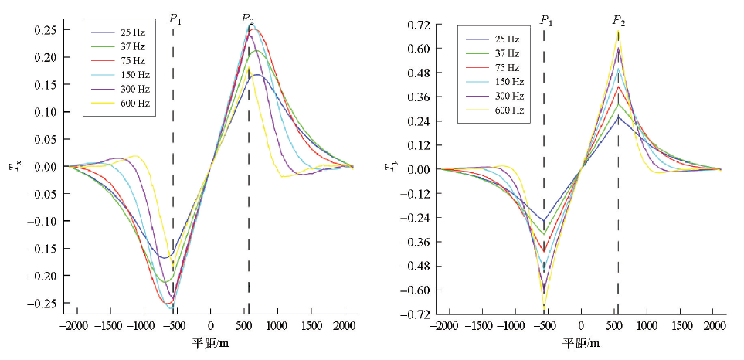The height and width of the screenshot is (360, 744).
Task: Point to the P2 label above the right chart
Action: [x=619, y=19]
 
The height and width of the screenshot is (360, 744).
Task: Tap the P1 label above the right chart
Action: [x=545, y=19]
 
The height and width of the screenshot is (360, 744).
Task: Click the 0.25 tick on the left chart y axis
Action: [x=44, y=30]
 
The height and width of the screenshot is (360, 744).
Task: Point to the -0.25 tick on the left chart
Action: [x=42, y=303]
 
